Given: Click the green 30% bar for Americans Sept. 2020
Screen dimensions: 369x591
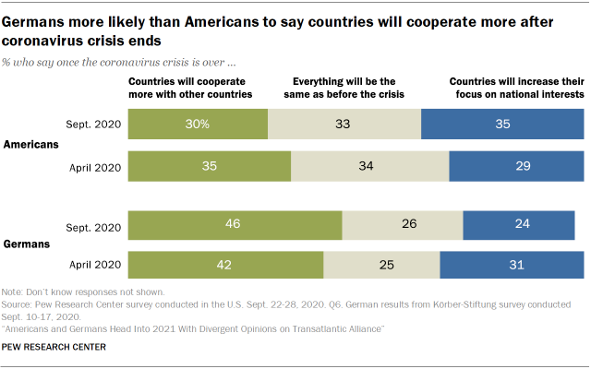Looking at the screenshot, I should (x=198, y=124).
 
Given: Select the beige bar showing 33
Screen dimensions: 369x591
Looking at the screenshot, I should (x=344, y=124).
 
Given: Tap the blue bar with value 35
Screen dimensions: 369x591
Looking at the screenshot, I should (x=501, y=124).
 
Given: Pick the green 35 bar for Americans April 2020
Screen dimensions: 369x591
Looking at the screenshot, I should (x=210, y=166).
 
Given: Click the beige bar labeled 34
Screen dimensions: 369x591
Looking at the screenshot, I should (x=370, y=166).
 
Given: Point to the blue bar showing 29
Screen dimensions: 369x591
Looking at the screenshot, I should (x=516, y=166).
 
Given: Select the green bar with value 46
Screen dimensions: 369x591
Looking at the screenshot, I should (x=235, y=225).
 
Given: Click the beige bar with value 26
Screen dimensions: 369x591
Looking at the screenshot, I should (x=402, y=225).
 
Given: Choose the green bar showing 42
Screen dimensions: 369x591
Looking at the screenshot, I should (x=225, y=266).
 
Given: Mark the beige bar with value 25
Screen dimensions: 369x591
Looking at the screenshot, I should (x=381, y=266).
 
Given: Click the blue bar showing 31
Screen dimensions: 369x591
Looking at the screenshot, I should (x=512, y=266).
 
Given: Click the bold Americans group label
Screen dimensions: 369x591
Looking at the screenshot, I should (x=31, y=145).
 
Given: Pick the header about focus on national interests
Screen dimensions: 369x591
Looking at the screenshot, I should (x=515, y=87).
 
